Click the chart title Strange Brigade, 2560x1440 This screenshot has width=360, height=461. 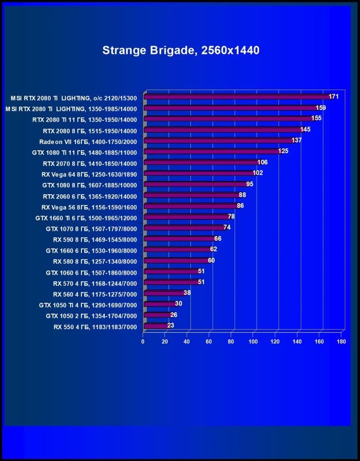click(181, 50)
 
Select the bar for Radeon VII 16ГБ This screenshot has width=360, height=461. click(218, 141)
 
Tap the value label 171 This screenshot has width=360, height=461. click(334, 97)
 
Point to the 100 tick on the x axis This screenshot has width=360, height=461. click(253, 341)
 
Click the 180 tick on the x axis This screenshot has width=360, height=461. click(341, 341)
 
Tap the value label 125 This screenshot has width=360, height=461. click(283, 151)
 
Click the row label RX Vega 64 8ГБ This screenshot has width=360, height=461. click(89, 174)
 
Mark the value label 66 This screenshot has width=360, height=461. click(218, 238)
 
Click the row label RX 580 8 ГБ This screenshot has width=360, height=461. click(95, 261)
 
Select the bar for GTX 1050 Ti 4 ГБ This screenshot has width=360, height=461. click(159, 304)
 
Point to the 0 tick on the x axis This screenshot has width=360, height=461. click(143, 341)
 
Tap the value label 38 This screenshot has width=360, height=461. click(187, 293)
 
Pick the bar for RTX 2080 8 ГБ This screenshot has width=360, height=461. click(222, 130)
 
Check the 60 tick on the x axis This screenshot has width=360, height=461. click(209, 341)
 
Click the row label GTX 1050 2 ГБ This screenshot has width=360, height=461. click(91, 316)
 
